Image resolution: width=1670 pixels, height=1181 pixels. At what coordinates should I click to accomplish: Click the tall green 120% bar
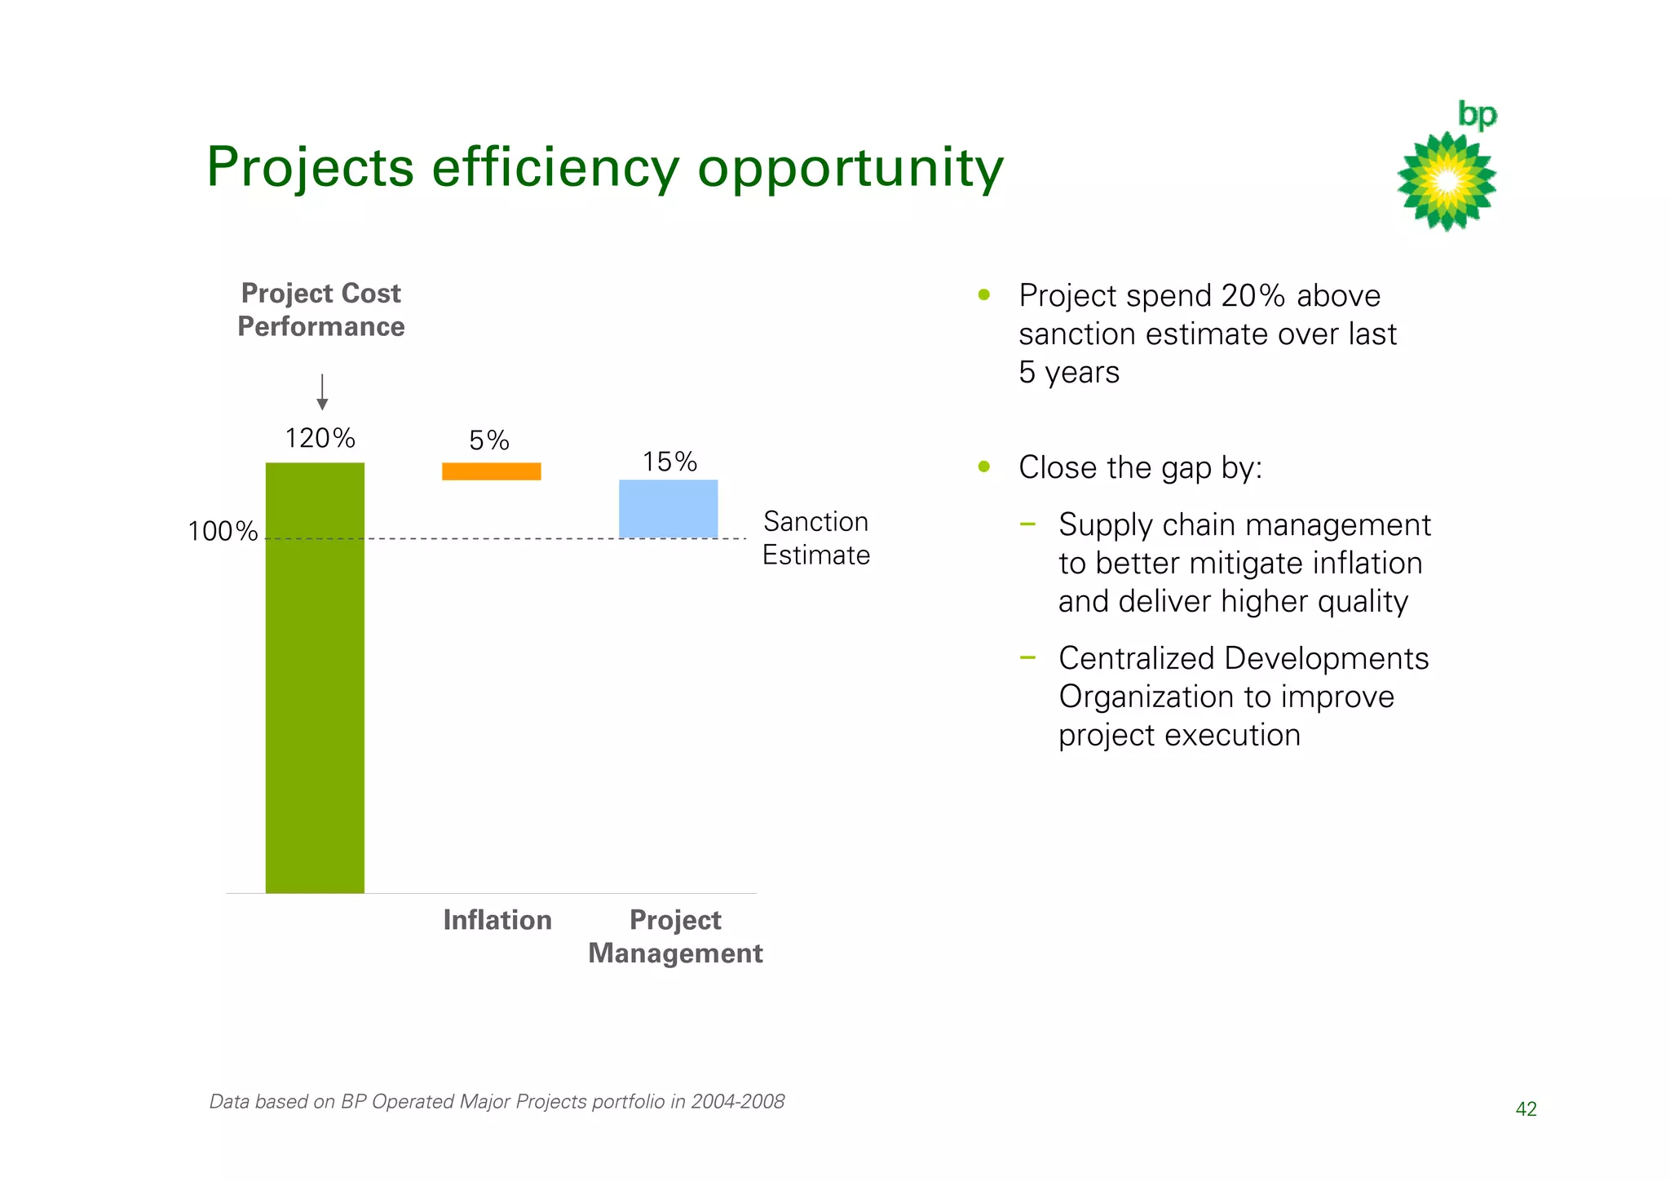(315, 677)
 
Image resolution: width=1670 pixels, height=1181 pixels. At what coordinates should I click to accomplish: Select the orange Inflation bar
(491, 471)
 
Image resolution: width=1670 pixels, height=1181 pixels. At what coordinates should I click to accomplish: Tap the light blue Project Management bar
(668, 509)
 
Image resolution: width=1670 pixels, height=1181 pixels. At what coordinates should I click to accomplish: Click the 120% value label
(320, 439)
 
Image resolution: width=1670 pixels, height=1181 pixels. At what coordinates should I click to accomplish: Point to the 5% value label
(489, 441)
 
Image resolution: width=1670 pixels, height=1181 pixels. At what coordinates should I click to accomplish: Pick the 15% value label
(669, 462)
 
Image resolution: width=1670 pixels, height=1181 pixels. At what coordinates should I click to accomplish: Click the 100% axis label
(223, 532)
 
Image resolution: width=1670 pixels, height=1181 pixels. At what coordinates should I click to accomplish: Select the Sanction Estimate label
(815, 538)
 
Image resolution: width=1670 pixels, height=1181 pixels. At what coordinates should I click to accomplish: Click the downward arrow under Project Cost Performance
(322, 392)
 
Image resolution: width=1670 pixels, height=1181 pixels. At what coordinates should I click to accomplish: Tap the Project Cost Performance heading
(321, 310)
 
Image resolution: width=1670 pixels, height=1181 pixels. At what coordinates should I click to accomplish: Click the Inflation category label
(497, 920)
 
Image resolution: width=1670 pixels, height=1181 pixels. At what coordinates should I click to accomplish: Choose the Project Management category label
(675, 936)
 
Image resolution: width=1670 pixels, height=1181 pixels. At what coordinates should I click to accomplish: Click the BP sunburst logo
(1447, 180)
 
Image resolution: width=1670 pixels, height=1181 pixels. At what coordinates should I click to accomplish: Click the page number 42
(1526, 1109)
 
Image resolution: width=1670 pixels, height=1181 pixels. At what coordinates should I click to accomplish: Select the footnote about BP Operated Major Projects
(497, 1102)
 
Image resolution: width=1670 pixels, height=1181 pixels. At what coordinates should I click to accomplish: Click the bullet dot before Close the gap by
(984, 467)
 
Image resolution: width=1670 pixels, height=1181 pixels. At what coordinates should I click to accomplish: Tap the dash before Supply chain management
(1027, 524)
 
